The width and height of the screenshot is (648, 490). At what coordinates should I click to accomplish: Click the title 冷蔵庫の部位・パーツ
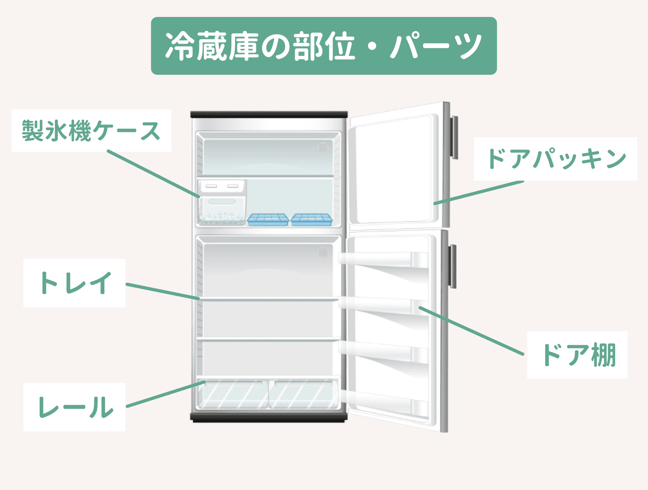tap(324, 46)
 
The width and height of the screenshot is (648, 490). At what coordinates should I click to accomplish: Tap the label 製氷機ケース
tap(91, 130)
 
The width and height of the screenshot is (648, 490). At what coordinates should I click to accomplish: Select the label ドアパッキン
tap(555, 159)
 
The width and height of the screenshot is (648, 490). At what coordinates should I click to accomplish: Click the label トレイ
tap(75, 283)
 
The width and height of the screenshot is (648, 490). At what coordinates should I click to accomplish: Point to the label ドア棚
tap(577, 355)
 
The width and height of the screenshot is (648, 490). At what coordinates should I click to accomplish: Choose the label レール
tap(75, 407)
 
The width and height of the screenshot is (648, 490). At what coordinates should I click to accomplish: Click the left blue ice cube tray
tap(268, 219)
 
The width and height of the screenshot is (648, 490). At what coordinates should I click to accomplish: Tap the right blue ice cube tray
tap(312, 219)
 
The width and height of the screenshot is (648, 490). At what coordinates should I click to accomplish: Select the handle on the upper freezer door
tap(455, 137)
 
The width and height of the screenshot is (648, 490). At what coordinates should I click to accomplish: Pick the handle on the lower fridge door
tap(453, 266)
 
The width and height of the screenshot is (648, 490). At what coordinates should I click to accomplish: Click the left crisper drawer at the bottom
tap(232, 395)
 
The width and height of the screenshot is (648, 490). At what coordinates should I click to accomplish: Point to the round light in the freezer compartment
tap(323, 147)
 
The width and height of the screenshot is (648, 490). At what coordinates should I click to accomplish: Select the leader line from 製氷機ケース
tap(153, 174)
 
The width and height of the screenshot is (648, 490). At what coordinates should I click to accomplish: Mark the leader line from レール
tap(166, 394)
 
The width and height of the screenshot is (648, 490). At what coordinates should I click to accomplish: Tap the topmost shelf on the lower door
tap(383, 259)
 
